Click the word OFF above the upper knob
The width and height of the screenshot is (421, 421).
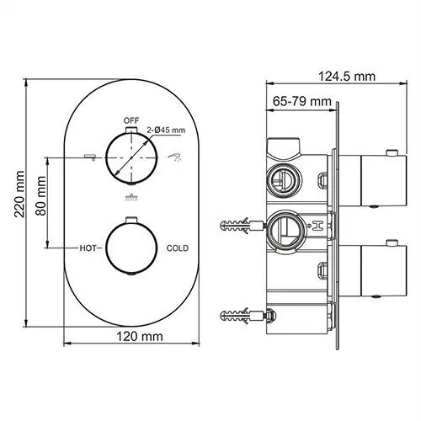131,120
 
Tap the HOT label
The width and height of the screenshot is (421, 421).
89,248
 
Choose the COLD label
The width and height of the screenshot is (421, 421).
177,248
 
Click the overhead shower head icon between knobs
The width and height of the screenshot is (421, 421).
131,199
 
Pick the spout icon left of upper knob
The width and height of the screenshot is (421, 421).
88,157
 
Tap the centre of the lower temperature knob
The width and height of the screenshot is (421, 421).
131,248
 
